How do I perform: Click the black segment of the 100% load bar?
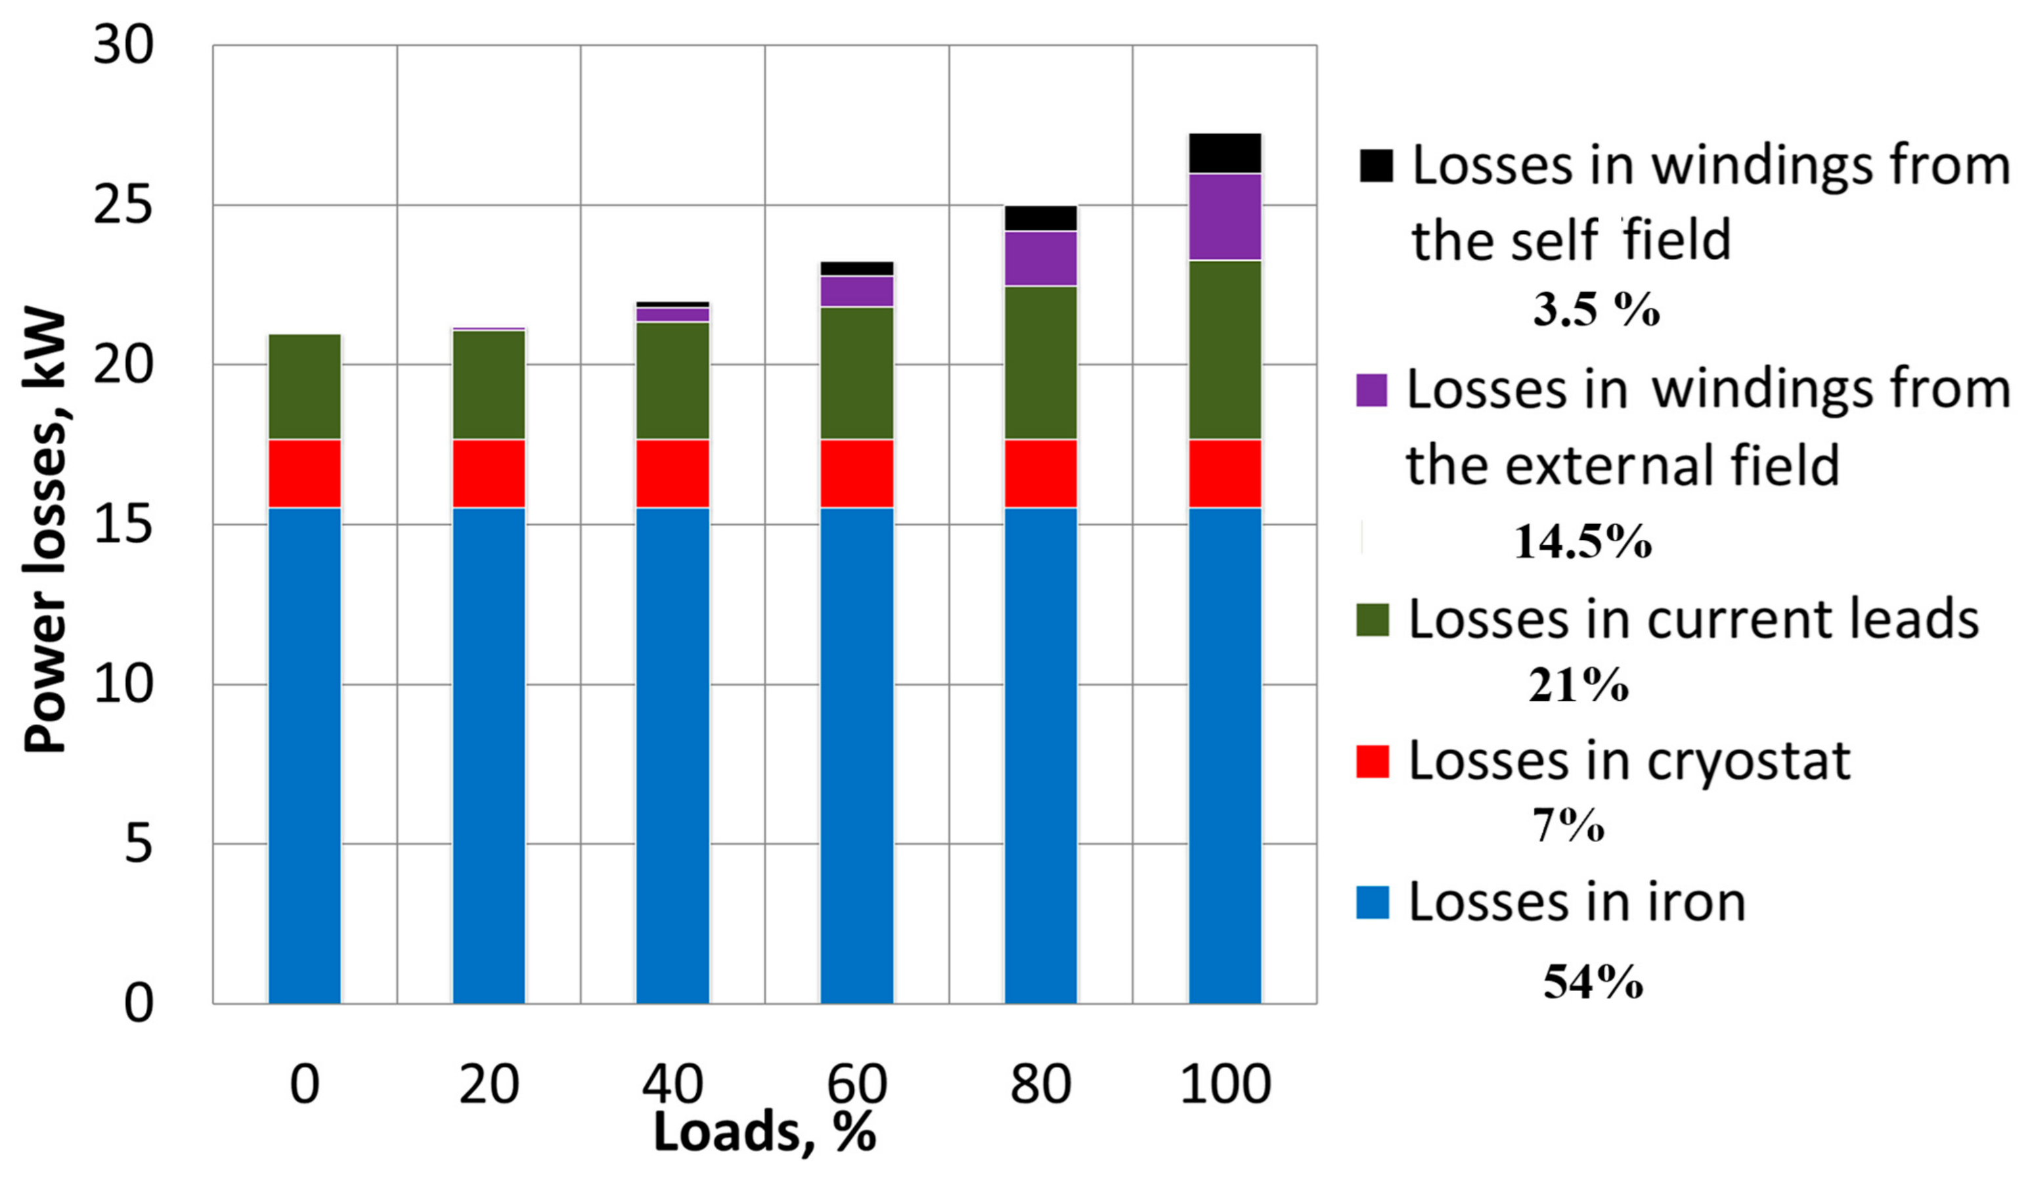pos(1224,153)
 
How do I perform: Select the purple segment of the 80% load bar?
pos(1040,259)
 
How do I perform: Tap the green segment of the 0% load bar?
pos(305,387)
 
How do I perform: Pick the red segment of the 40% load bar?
pos(673,474)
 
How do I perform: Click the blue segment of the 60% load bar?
pos(856,755)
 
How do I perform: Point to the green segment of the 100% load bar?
pos(1224,349)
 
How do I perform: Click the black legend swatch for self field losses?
pos(1376,165)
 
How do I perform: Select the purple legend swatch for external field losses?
pos(1372,390)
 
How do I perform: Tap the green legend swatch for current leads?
pos(1373,619)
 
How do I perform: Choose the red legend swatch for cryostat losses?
pos(1373,761)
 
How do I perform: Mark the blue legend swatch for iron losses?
pos(1373,902)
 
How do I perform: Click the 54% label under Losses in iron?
pos(1593,982)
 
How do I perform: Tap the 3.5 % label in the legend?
pos(1596,310)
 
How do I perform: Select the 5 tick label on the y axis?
pos(139,844)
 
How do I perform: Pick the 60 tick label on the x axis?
pos(857,1084)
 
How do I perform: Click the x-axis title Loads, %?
pos(764,1132)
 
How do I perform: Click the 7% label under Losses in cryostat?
pos(1568,826)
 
